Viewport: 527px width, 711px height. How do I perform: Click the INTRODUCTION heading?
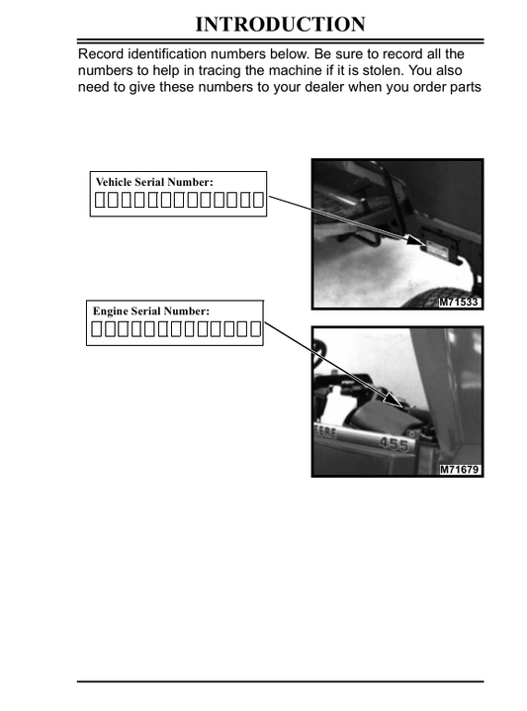pos(280,24)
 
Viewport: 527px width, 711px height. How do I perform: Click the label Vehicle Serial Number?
pos(154,182)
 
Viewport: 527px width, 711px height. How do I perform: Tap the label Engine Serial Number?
pos(151,311)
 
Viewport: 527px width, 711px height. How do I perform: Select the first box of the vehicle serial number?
pos(99,200)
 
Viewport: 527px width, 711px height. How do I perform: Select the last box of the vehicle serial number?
pos(258,200)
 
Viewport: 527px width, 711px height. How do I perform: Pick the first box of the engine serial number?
pos(97,328)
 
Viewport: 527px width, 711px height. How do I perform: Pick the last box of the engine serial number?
pos(256,328)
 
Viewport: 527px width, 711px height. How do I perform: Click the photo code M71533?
pos(459,302)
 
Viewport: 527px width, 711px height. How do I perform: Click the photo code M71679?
pos(460,470)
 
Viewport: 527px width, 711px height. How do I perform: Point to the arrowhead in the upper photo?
pos(415,240)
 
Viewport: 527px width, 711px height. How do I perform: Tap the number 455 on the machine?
pos(394,443)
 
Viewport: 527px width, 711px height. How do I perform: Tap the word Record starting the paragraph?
pos(101,54)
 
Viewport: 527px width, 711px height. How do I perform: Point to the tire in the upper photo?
pos(446,298)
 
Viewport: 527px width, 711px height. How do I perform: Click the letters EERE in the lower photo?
pos(325,432)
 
